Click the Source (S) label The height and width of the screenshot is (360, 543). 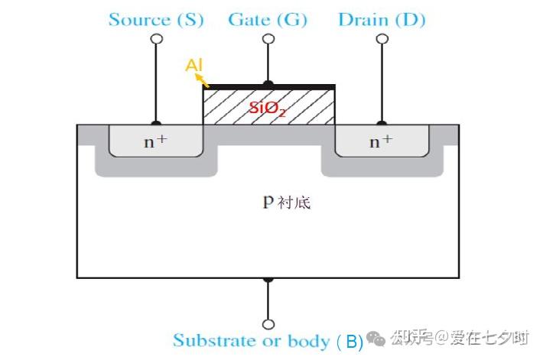(x=156, y=20)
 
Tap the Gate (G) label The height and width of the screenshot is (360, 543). (x=268, y=20)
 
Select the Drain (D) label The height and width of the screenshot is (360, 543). (x=382, y=20)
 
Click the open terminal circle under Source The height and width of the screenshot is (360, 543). (x=157, y=38)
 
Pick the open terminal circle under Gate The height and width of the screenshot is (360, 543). (x=268, y=38)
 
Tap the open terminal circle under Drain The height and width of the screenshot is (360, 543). (x=382, y=38)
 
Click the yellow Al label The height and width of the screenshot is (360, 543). (x=194, y=65)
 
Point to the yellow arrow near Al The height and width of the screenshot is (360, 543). (x=202, y=81)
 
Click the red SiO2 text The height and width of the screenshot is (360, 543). (x=268, y=109)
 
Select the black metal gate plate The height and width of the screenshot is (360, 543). (x=269, y=87)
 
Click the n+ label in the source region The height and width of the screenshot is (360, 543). (x=155, y=141)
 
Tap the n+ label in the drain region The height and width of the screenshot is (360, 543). (x=382, y=141)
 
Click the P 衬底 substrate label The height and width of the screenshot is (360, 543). (x=287, y=202)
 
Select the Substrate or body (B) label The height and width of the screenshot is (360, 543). (x=268, y=342)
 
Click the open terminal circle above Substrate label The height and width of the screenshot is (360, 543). (x=268, y=324)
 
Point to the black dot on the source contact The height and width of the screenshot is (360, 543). (x=156, y=123)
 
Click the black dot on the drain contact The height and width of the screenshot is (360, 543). (x=382, y=123)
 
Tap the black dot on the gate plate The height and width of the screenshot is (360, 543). (x=268, y=84)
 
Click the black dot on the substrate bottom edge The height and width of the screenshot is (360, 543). (x=268, y=279)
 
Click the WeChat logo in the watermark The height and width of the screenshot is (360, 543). (x=376, y=338)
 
